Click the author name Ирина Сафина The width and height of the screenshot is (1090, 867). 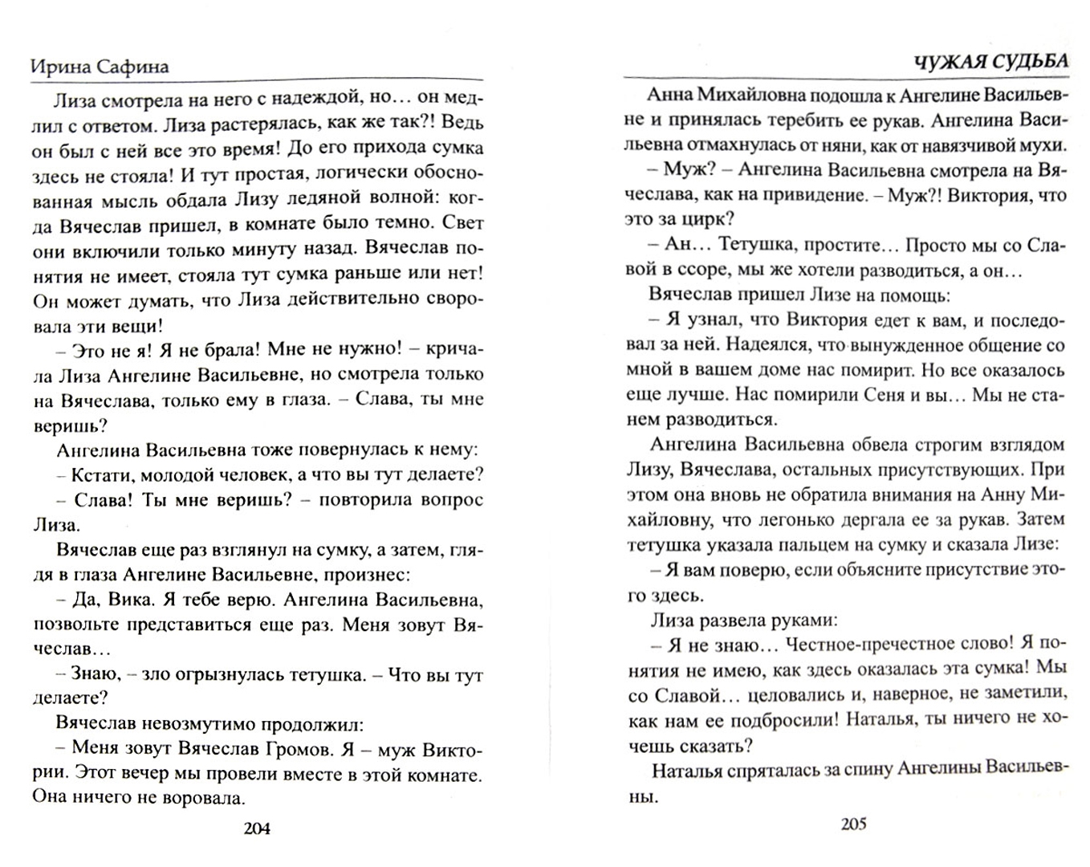[100, 67]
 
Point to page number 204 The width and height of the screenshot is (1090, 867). [256, 828]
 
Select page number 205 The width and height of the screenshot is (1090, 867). [854, 824]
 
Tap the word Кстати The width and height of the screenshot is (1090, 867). [103, 474]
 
